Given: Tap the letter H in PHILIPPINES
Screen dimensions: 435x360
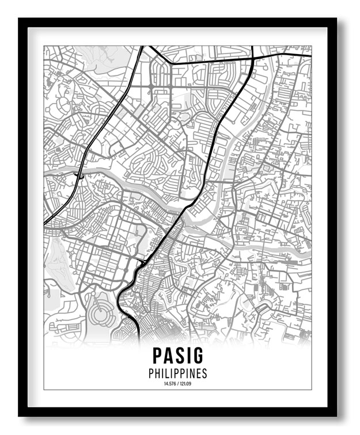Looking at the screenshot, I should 158,373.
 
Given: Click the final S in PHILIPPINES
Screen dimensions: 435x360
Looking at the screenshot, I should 204,373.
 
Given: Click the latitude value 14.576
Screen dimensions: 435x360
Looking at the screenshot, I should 170,384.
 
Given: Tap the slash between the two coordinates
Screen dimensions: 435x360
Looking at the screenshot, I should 177,384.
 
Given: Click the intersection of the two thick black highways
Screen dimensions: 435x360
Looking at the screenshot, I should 252,58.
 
